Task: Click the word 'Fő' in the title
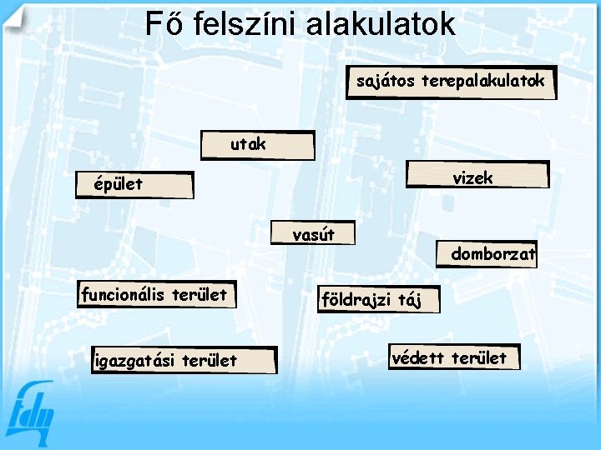point(164,23)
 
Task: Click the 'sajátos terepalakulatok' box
point(451,82)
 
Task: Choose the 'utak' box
point(258,145)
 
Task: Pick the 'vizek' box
point(477,177)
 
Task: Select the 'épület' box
point(134,184)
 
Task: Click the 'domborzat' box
point(487,254)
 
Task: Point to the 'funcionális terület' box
point(154,294)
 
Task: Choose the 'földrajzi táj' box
point(377,299)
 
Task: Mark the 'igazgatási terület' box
point(183,360)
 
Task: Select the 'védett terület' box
point(453,357)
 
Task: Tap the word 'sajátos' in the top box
point(386,81)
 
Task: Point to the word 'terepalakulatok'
point(483,81)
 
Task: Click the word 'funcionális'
point(123,294)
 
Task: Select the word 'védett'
point(420,357)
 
